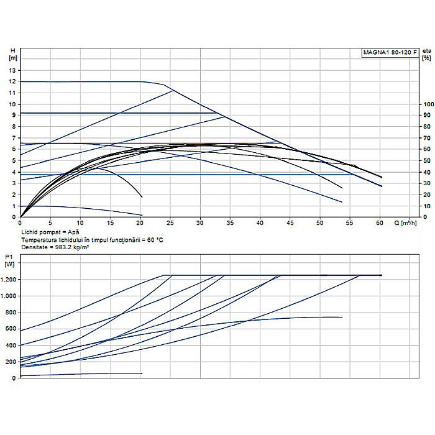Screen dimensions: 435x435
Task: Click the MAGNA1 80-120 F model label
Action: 389,53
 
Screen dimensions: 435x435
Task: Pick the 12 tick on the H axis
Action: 11,81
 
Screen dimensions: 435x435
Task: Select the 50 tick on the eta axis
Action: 427,160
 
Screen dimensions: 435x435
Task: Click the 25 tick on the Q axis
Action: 170,222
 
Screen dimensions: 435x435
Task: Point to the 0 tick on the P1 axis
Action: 13,378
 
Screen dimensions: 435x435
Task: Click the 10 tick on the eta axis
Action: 427,206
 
